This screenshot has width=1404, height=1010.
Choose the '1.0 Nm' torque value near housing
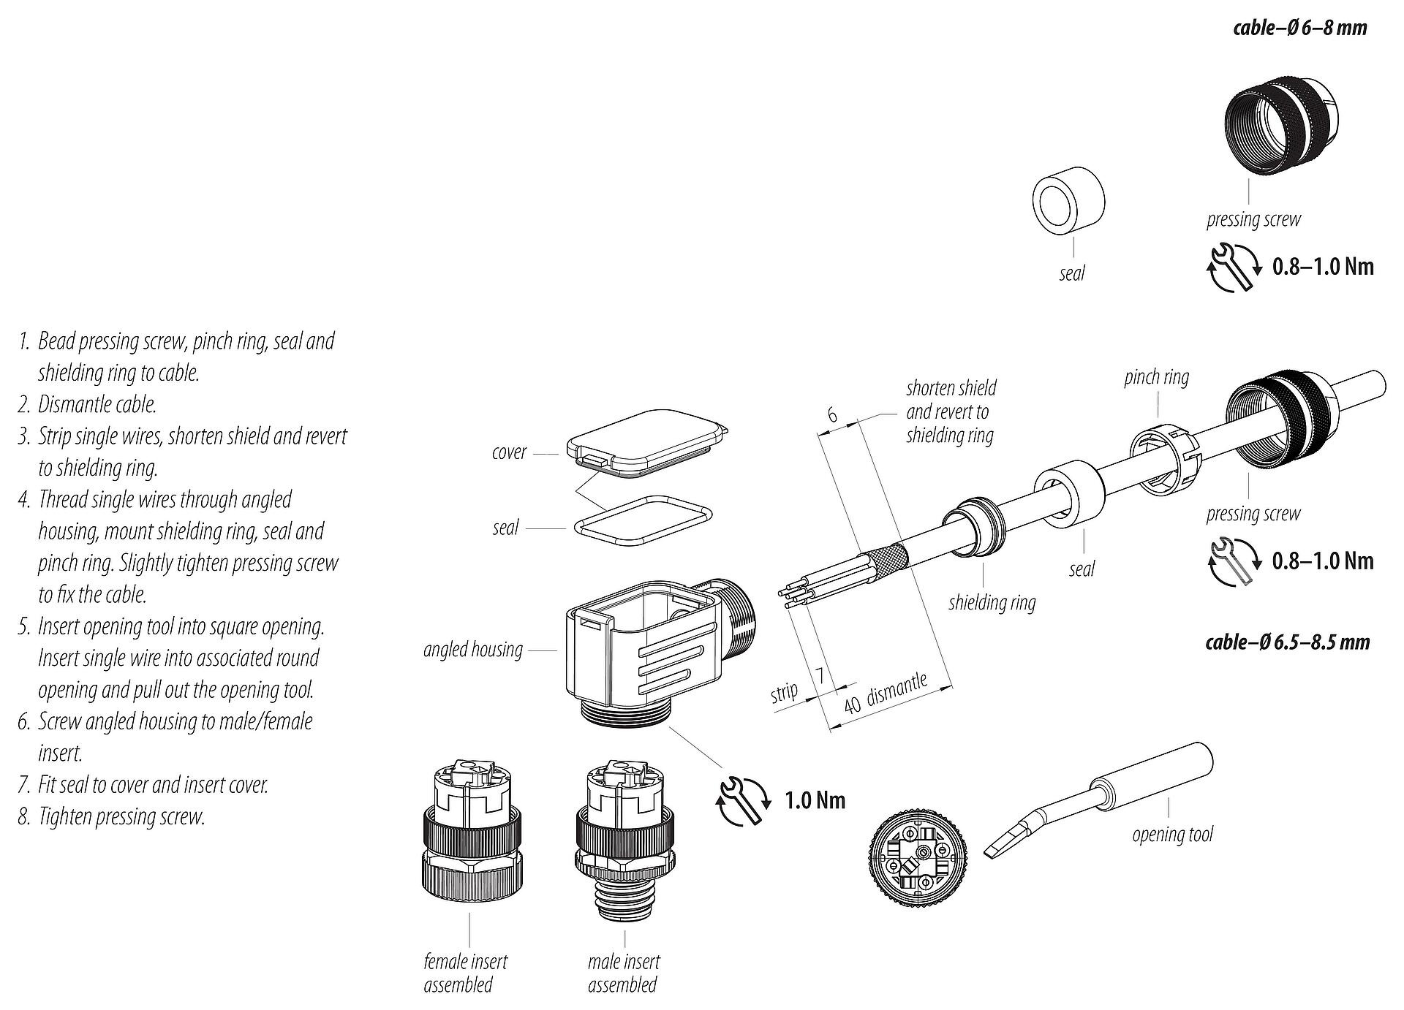coord(815,800)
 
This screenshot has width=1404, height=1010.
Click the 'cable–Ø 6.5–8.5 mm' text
coord(1287,642)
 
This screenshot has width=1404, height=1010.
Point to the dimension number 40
coord(852,705)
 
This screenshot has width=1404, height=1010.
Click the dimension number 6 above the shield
coord(832,415)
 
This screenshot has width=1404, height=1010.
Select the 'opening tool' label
coord(1171,834)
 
